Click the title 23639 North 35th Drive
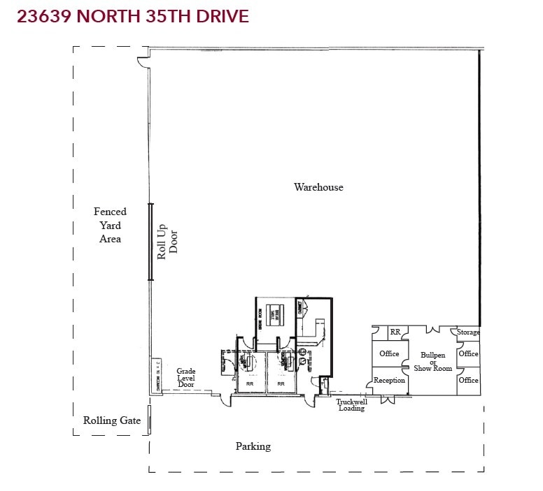[x=133, y=17]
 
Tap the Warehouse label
[x=318, y=187]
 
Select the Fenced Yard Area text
[x=110, y=225]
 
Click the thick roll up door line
[x=150, y=242]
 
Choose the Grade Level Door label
[x=185, y=378]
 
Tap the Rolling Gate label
[x=112, y=420]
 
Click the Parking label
[x=253, y=446]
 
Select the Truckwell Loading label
[x=351, y=405]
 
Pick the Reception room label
[x=389, y=381]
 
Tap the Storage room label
[x=469, y=332]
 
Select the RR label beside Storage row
[x=395, y=332]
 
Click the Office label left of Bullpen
[x=389, y=353]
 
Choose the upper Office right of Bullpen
[x=469, y=353]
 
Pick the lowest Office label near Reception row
[x=469, y=380]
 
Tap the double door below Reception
[x=387, y=400]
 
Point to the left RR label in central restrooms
[x=249, y=383]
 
